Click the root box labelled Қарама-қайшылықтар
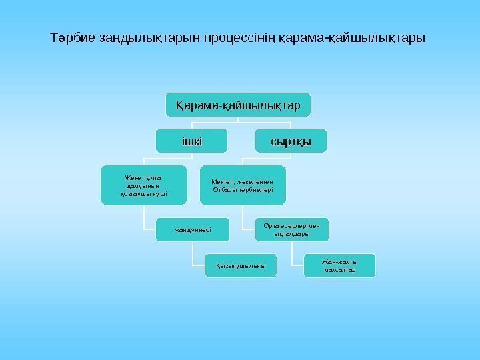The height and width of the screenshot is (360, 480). pyautogui.click(x=238, y=106)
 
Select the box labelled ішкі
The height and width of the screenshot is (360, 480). pyautogui.click(x=192, y=141)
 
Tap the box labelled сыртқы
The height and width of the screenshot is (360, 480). pyautogui.click(x=291, y=141)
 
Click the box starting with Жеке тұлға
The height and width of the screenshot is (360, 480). pyautogui.click(x=143, y=185)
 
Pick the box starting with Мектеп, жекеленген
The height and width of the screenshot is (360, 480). pyautogui.click(x=243, y=185)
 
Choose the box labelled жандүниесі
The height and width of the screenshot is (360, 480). pyautogui.click(x=193, y=230)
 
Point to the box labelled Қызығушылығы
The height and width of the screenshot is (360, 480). pyautogui.click(x=241, y=266)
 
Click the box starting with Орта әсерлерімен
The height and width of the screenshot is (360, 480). pyautogui.click(x=291, y=230)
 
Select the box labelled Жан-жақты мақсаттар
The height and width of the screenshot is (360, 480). pyautogui.click(x=339, y=265)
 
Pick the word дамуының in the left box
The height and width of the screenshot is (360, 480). pyautogui.click(x=143, y=186)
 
